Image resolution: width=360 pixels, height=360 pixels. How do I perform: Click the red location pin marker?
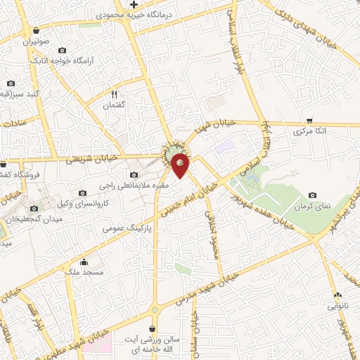(x=181, y=166)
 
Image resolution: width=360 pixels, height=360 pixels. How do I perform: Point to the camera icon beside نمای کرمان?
(x=312, y=176)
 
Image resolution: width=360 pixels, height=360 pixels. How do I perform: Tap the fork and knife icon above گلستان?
(x=114, y=93)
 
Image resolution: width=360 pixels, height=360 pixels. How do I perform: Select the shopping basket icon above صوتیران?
(x=36, y=30)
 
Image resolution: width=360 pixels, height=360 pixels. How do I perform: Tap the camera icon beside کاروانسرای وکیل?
(x=82, y=193)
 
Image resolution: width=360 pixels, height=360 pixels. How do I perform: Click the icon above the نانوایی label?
(x=337, y=295)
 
